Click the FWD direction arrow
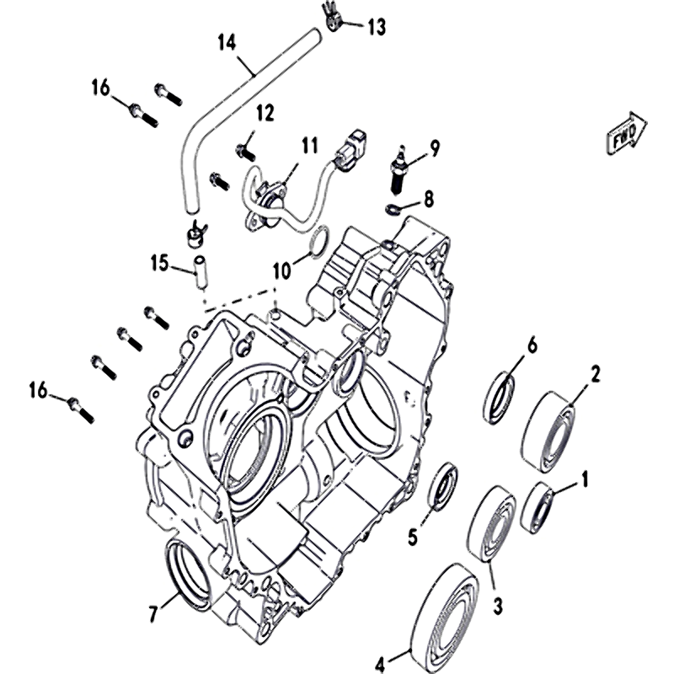point(625,132)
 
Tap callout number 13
point(375,27)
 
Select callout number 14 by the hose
point(227,41)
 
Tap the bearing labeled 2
point(549,430)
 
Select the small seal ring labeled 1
point(537,507)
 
